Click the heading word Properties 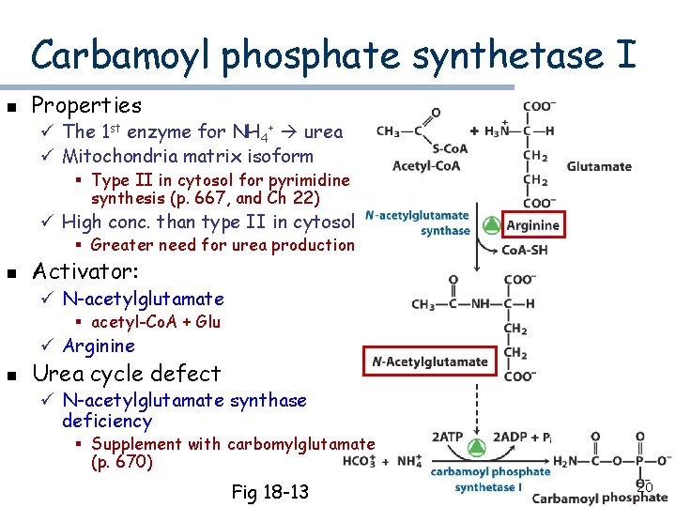click(x=86, y=105)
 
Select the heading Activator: click(x=85, y=272)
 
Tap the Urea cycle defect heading click(x=127, y=373)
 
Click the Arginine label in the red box click(x=532, y=225)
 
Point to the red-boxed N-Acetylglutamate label click(x=430, y=361)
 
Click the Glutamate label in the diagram click(x=599, y=167)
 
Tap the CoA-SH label click(x=527, y=251)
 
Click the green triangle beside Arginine click(x=489, y=225)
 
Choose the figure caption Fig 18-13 click(x=270, y=492)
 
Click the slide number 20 click(x=644, y=487)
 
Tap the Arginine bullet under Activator click(x=99, y=346)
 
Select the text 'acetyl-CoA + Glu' click(x=156, y=322)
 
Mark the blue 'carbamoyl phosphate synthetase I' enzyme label click(x=490, y=479)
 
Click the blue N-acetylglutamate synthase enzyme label click(x=418, y=223)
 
